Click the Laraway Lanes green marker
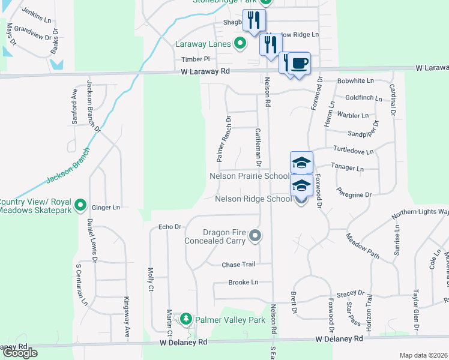pyautogui.click(x=240, y=43)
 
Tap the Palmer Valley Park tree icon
pyautogui.click(x=187, y=319)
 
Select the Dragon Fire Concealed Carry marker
pyautogui.click(x=255, y=235)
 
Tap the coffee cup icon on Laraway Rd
pyautogui.click(x=298, y=64)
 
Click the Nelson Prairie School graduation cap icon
pyautogui.click(x=301, y=163)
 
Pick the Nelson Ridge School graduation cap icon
pyautogui.click(x=301, y=185)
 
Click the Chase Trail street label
pyautogui.click(x=238, y=265)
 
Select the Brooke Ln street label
pyautogui.click(x=243, y=282)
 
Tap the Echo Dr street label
pyautogui.click(x=169, y=227)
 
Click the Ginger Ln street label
pyautogui.click(x=106, y=207)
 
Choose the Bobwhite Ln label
pyautogui.click(x=355, y=80)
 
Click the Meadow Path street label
pyautogui.click(x=363, y=246)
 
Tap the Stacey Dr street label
pyautogui.click(x=351, y=294)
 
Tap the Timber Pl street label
pyautogui.click(x=196, y=59)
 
